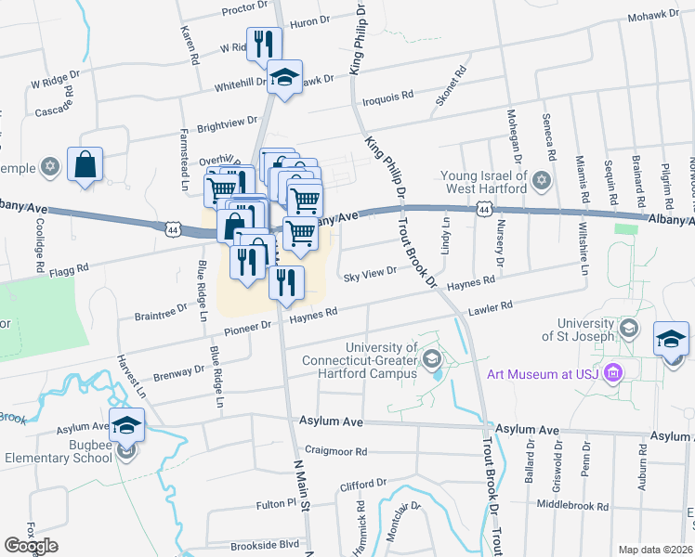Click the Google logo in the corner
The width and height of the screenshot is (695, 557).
pos(31,546)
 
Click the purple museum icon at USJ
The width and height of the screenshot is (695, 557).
pos(611,374)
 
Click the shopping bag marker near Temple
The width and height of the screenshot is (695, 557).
pos(85,166)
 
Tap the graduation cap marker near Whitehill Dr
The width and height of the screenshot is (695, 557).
pos(285,77)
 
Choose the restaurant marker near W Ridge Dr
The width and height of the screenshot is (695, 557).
pos(264,43)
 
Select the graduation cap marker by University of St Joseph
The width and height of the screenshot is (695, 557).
pos(672,339)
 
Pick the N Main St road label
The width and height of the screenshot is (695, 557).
pos(300,477)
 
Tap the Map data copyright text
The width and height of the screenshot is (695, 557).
pos(656,550)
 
